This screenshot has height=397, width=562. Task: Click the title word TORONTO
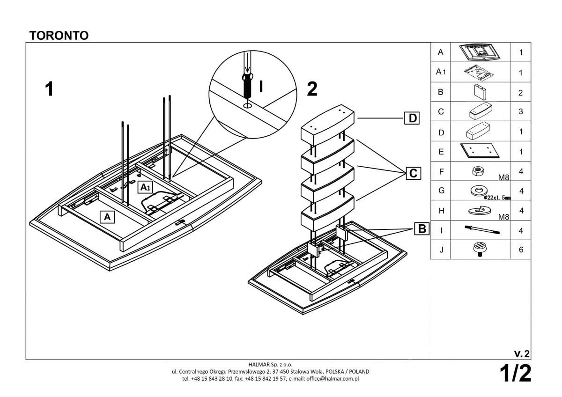pyautogui.click(x=59, y=36)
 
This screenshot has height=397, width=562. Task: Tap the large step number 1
pyautogui.click(x=49, y=89)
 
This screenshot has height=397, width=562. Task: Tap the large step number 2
pyautogui.click(x=312, y=88)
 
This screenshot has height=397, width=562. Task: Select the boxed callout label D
pyautogui.click(x=412, y=118)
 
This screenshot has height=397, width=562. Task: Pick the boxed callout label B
pyautogui.click(x=422, y=229)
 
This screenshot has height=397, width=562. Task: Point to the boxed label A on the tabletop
pyautogui.click(x=107, y=217)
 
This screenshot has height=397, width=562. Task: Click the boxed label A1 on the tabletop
pyautogui.click(x=146, y=187)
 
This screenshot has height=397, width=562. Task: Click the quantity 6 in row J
pyautogui.click(x=521, y=250)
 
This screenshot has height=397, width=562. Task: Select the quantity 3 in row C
pyautogui.click(x=521, y=112)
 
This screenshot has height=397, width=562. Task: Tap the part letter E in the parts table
pyautogui.click(x=441, y=152)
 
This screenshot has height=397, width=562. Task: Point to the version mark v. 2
pyautogui.click(x=522, y=353)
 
